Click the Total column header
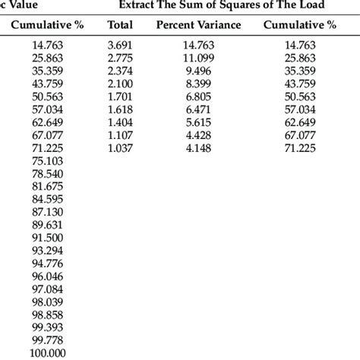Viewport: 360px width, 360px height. pyautogui.click(x=120, y=25)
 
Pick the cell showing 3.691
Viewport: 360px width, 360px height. pyautogui.click(x=120, y=46)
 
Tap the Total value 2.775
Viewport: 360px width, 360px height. pyautogui.click(x=120, y=58)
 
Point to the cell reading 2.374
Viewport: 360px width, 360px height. pyautogui.click(x=120, y=71)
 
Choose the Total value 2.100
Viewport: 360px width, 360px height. pyautogui.click(x=120, y=84)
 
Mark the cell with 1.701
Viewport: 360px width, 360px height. pyautogui.click(x=120, y=96)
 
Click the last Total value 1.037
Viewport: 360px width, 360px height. pyautogui.click(x=120, y=147)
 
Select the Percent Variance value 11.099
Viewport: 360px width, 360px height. pyautogui.click(x=197, y=58)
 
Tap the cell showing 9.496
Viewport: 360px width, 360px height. pyautogui.click(x=197, y=71)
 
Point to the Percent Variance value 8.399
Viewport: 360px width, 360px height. pyautogui.click(x=197, y=84)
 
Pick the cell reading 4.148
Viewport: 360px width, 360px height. pyautogui.click(x=197, y=147)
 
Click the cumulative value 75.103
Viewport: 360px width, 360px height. pyautogui.click(x=48, y=161)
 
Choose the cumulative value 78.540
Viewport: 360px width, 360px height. pyautogui.click(x=48, y=173)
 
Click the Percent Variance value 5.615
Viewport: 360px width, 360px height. pyautogui.click(x=197, y=122)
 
